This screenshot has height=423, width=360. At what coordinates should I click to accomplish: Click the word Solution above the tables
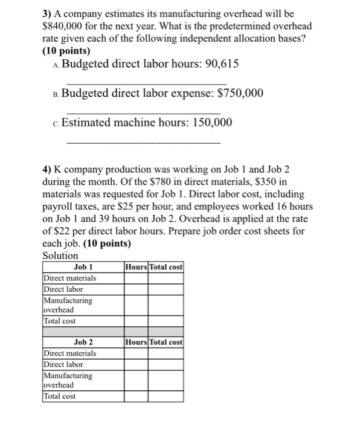tap(60, 256)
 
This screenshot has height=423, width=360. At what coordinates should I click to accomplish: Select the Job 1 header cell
tap(83, 266)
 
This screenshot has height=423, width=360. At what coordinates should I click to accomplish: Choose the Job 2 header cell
tap(83, 341)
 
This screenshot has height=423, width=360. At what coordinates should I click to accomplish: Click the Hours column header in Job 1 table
tap(136, 266)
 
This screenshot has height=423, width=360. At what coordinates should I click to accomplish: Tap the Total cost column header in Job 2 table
tap(166, 341)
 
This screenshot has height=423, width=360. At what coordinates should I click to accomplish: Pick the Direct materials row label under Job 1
tap(70, 278)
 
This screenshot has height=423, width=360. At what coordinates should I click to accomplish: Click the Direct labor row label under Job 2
tap(63, 364)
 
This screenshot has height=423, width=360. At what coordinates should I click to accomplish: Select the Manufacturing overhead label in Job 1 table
tap(68, 305)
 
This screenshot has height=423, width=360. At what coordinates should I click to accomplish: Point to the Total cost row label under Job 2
tap(60, 396)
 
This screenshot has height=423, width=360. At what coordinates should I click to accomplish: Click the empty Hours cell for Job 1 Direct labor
tap(136, 289)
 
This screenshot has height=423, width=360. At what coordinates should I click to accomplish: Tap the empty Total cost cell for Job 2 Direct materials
tap(166, 353)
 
